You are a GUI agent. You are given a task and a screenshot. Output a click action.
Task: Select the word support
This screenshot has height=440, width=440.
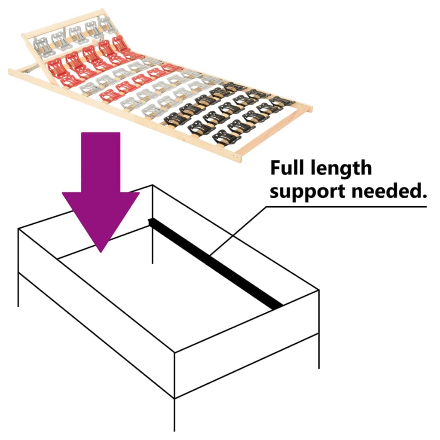[x=301, y=192]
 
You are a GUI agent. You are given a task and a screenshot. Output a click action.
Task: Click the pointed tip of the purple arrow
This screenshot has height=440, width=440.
[x=101, y=251]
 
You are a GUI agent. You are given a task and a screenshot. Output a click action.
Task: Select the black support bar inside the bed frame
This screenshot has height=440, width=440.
[x=215, y=262]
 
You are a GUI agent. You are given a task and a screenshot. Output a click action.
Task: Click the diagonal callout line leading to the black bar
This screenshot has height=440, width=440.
[x=236, y=229]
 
